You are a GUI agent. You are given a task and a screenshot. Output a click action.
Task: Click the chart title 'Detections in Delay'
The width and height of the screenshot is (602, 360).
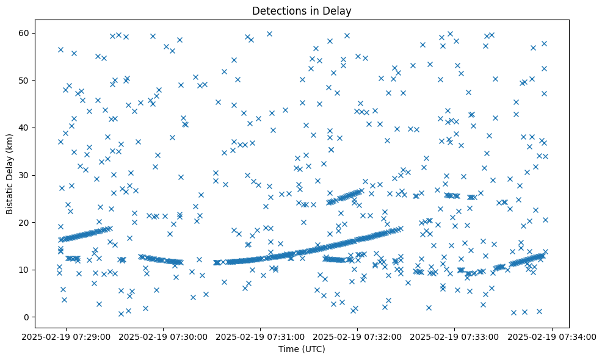tap(301, 10)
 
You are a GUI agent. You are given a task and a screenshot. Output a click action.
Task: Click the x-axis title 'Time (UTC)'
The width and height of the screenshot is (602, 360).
tap(301, 349)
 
